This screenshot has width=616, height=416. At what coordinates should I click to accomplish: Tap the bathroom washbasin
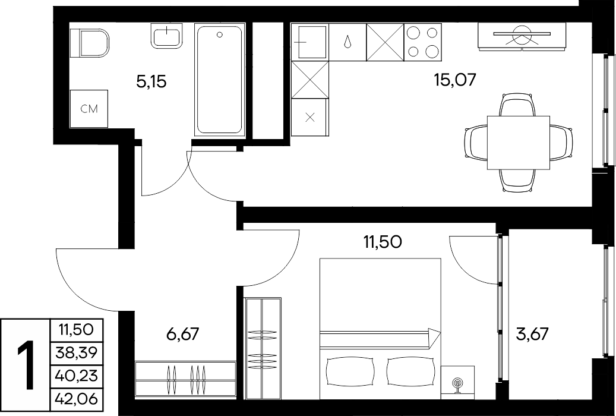pos(166,36)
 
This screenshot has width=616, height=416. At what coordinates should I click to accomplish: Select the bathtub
pos(220,80)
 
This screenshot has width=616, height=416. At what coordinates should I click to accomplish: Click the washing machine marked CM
pos(89,109)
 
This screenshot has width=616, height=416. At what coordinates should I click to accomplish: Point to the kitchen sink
pos(309,42)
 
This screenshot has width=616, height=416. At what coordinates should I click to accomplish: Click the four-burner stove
pos(423,42)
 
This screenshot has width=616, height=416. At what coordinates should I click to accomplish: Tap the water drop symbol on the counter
pos(348,41)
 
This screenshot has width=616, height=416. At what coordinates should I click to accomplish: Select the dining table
pos(518,143)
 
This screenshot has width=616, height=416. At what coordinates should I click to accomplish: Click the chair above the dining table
pos(518,105)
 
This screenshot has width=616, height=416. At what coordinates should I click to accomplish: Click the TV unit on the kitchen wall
pos(522,36)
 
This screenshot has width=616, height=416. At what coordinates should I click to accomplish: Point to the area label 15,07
pos(455,80)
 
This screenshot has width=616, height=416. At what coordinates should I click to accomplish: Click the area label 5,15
pos(151,82)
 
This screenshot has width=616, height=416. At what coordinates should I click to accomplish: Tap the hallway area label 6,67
pos(183,334)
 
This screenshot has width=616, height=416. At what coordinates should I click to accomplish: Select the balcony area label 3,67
pos(532,334)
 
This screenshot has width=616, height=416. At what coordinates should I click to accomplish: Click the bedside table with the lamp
pos(457,382)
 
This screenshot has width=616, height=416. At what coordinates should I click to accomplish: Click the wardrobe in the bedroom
pos(263,349)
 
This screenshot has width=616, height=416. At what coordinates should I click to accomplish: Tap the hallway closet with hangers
pos(185,380)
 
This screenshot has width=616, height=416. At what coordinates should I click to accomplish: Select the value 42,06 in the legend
pos(76,399)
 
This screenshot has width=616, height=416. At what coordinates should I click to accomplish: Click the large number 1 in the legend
pos(27,365)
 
